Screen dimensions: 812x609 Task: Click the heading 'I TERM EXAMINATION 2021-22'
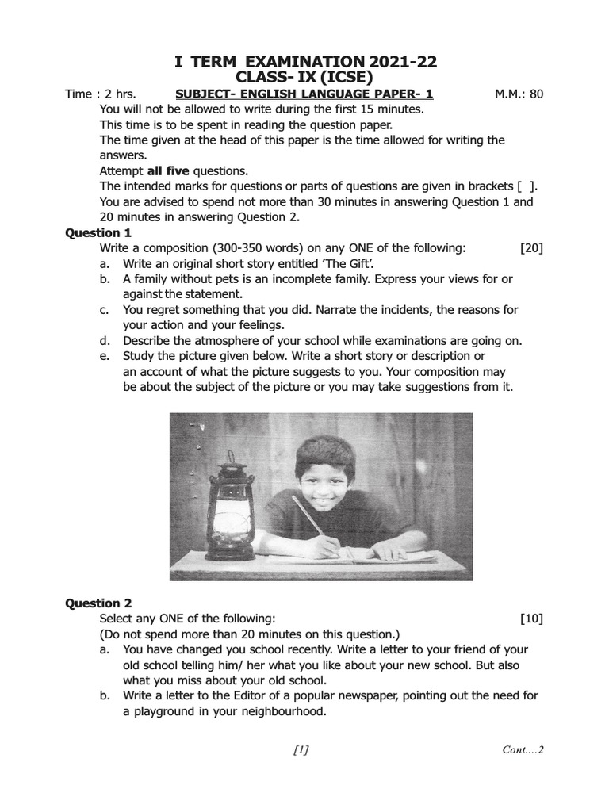coord(305,62)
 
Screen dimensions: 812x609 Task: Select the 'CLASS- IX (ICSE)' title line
coord(305,78)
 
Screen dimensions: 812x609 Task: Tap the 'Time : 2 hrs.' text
coord(101,94)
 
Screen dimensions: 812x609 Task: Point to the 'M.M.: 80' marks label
coord(519,94)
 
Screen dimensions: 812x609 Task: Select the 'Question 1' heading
coord(98,232)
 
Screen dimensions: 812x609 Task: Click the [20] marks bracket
coord(531,248)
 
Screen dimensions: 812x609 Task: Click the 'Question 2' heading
coord(98,603)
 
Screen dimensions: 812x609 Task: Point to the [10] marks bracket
coord(531,619)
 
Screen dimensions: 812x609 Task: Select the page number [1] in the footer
coord(301,750)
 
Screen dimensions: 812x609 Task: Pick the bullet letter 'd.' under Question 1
coord(105,341)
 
